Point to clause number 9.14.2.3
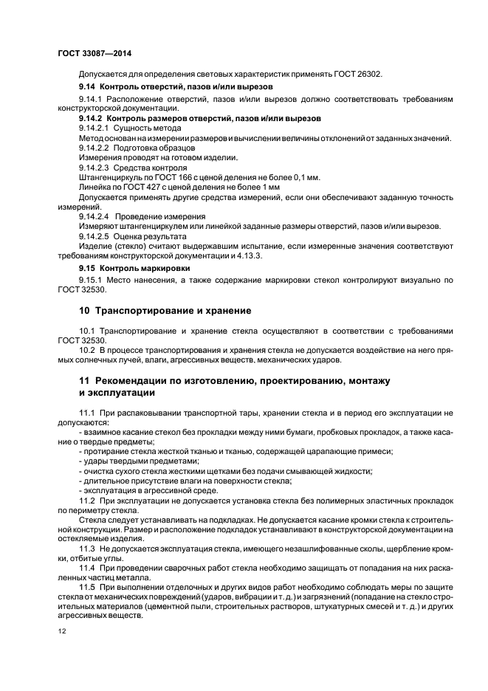point(94,168)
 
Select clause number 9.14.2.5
point(94,236)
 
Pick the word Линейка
point(94,188)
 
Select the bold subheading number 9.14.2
point(91,118)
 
